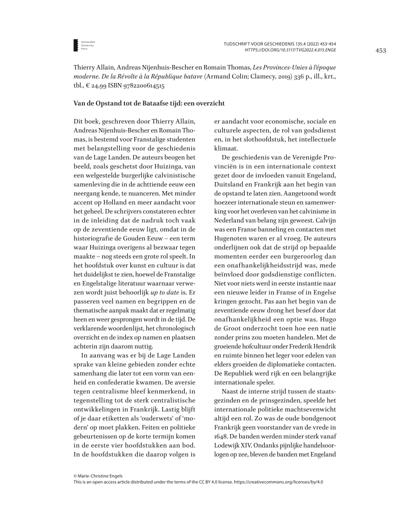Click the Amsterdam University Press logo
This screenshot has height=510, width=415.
tap(75, 44)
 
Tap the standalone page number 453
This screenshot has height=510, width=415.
tap(381, 50)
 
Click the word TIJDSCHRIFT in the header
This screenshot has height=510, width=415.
tap(241, 44)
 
